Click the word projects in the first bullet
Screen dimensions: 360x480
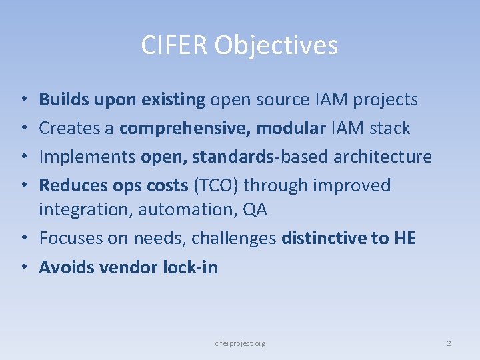point(385,100)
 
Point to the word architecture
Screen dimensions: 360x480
point(382,157)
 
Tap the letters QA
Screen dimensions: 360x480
point(255,209)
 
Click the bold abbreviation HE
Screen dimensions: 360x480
point(404,238)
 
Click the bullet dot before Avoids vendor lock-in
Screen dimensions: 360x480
point(23,268)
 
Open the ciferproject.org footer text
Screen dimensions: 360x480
point(240,343)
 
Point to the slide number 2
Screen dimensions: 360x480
point(449,343)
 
